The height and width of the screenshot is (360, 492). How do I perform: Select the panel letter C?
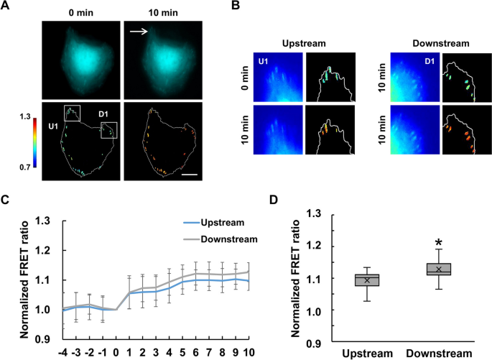tap(6, 200)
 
